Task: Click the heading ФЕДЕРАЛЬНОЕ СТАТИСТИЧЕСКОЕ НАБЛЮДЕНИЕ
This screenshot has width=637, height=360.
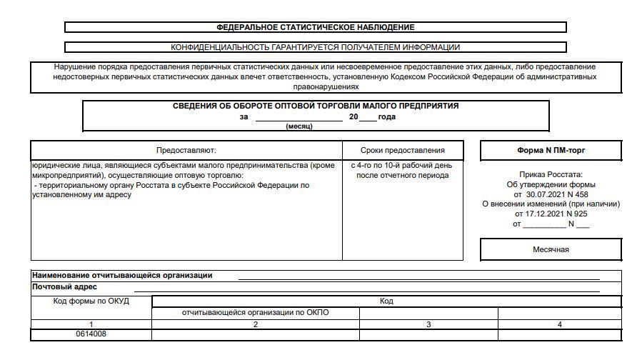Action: click(315, 27)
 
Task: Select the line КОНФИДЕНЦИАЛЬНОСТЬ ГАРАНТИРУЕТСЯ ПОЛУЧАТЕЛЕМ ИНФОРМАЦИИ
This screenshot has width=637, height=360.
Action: click(315, 47)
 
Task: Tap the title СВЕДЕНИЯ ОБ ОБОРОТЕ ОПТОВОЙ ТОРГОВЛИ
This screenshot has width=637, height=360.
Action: click(316, 106)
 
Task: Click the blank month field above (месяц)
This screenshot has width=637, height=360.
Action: click(299, 117)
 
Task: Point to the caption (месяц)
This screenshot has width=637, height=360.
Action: click(299, 126)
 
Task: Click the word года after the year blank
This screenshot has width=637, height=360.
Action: click(386, 117)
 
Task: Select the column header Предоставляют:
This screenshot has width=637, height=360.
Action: click(186, 150)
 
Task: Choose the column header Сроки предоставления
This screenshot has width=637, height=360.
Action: click(403, 150)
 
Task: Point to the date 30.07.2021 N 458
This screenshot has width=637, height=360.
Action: click(556, 194)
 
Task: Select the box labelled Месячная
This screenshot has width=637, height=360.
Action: click(551, 249)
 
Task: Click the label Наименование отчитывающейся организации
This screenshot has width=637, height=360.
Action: click(122, 276)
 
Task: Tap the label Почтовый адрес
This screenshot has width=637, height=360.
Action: click(64, 287)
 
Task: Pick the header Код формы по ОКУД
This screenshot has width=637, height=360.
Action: click(91, 301)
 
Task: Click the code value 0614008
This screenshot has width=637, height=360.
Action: click(91, 334)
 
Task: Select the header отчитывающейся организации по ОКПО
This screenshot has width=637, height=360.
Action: click(256, 313)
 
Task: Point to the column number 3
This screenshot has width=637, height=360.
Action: click(428, 324)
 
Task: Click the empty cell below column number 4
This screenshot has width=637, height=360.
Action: click(559, 334)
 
